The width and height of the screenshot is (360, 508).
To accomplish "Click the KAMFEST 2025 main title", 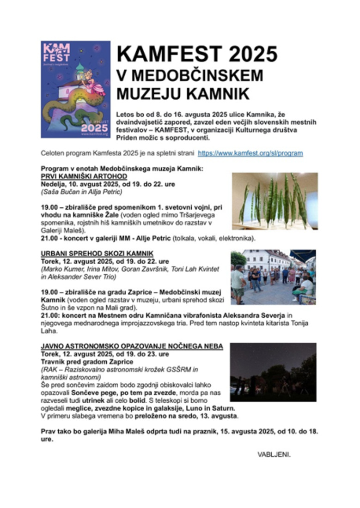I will point(197,54).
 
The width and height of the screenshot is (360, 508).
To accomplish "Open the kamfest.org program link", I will point(250,153).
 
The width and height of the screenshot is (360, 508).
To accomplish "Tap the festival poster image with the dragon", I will point(75,89).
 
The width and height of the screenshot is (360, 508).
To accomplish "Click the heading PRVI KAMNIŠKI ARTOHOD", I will point(84,176).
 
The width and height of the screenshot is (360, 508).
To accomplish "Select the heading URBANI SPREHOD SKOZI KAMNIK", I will point(97,254).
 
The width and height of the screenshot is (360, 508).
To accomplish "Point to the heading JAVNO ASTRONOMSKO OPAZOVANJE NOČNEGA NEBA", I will point(132,346).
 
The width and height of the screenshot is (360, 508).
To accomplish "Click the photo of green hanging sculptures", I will point(275,201).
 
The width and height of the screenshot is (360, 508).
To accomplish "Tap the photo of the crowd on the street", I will point(273,277).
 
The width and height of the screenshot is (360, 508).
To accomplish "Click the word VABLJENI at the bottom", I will point(274,454).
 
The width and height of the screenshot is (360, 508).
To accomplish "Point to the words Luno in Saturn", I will point(213,408).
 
